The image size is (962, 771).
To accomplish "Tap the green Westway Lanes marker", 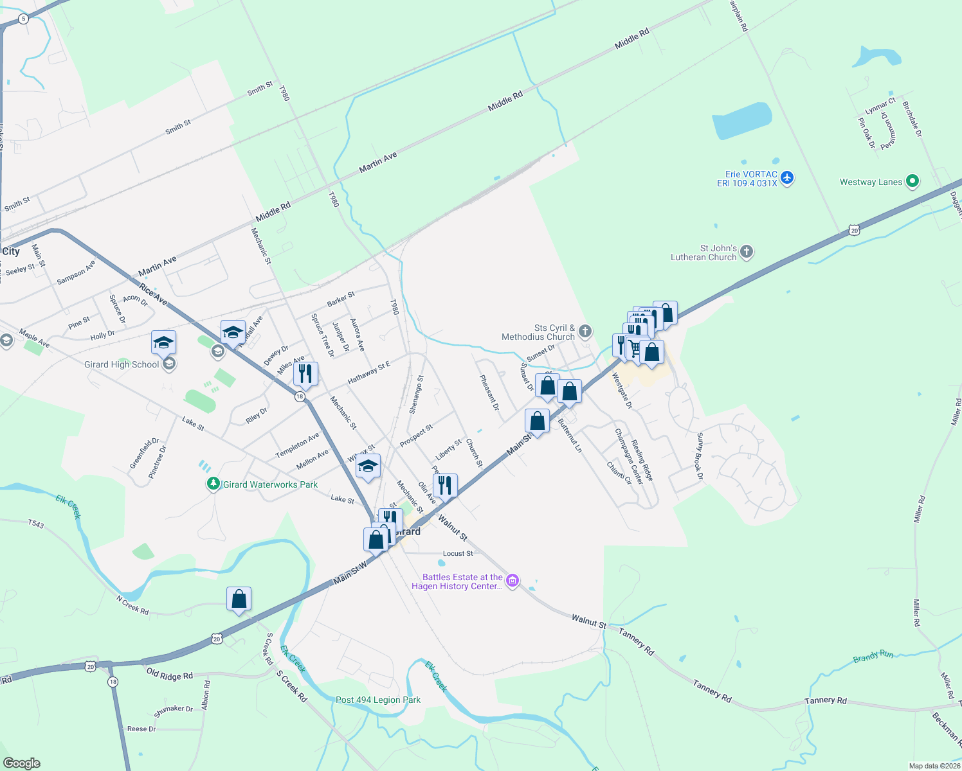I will (x=912, y=182).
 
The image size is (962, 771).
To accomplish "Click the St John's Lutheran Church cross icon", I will (x=746, y=251).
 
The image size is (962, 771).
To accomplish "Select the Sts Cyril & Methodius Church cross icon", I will (x=585, y=332).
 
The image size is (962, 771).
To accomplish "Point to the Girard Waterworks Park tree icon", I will (x=213, y=484).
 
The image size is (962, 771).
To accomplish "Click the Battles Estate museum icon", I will (x=512, y=581).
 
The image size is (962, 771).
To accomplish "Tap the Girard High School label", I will (x=122, y=364).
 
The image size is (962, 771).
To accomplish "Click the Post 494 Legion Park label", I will (x=378, y=700).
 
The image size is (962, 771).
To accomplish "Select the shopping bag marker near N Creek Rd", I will (x=239, y=599).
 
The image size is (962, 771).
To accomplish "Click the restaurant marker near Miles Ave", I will (x=305, y=373).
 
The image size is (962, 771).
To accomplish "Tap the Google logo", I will (x=21, y=763).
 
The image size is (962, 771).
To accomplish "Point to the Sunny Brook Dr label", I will (x=700, y=457).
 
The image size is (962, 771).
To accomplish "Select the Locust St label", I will (x=458, y=553).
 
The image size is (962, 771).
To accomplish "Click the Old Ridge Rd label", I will (x=169, y=675).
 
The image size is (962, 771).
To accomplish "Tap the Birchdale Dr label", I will (x=912, y=119).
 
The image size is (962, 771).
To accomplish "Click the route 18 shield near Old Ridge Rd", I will (x=113, y=682).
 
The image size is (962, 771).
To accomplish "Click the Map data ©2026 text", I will (x=934, y=766).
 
